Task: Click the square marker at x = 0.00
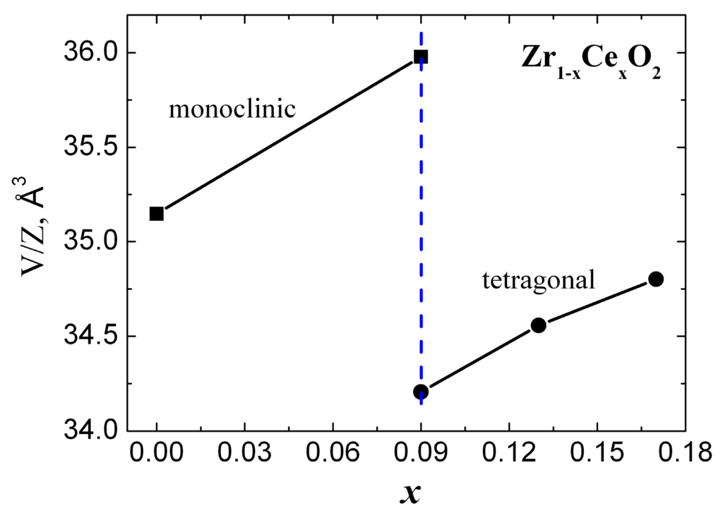156,213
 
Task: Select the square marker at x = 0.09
421,56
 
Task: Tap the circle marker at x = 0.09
421,392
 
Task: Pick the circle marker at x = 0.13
539,325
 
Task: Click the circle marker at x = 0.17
656,279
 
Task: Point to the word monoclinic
231,110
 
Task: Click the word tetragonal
539,282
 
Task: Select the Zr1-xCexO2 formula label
592,60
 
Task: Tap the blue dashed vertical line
422,212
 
